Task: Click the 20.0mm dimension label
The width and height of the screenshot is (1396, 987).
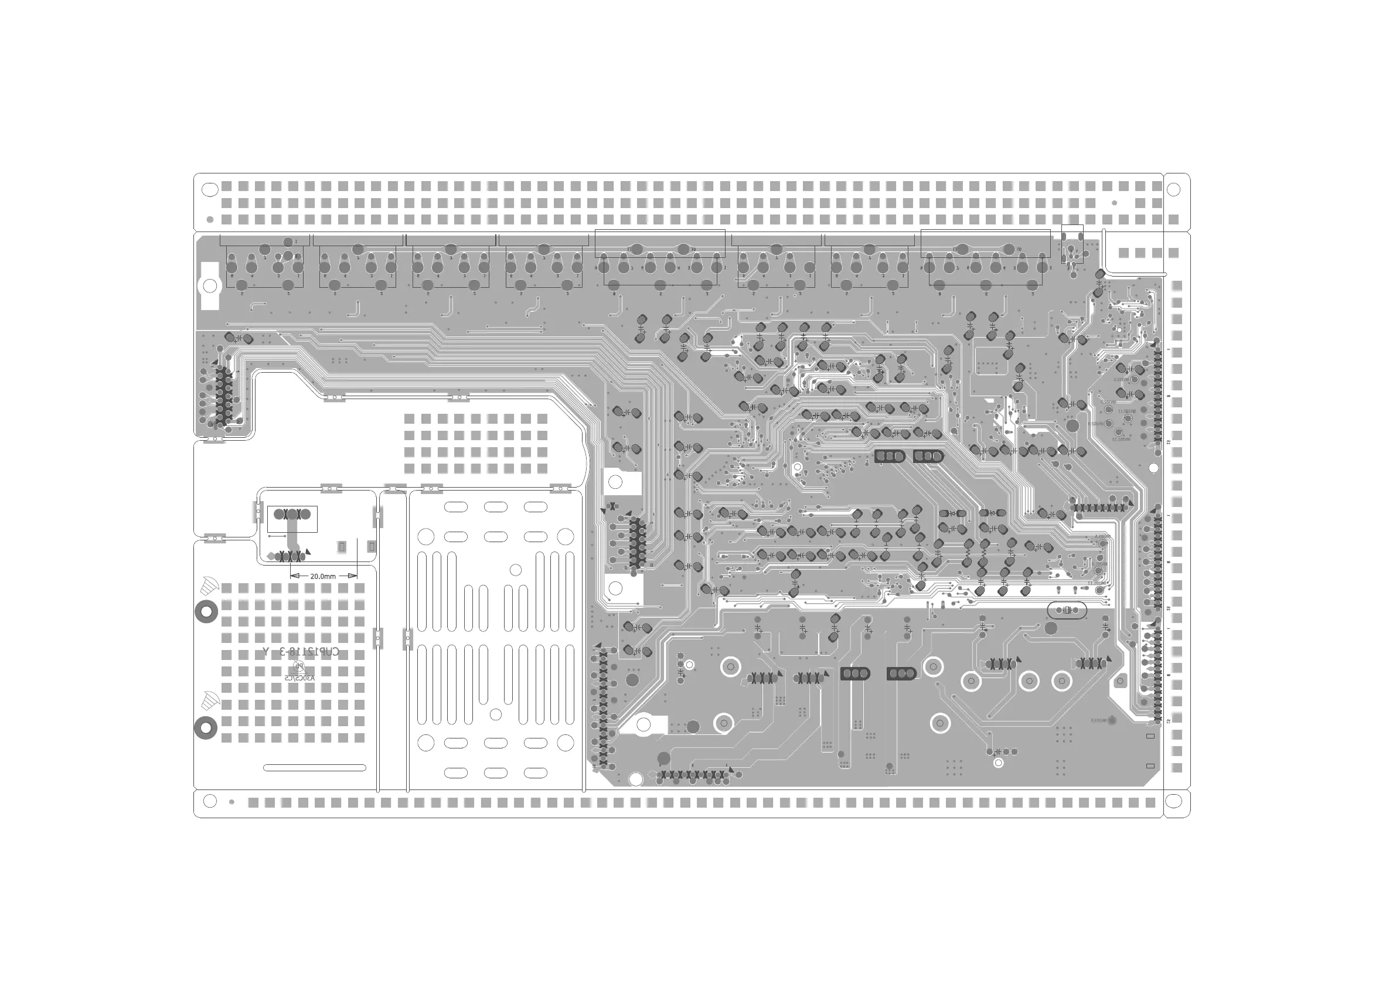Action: [323, 577]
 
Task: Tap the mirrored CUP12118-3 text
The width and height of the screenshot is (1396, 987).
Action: [301, 652]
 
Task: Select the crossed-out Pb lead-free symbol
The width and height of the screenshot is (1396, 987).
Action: [298, 666]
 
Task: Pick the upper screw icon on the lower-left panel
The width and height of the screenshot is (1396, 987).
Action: [208, 586]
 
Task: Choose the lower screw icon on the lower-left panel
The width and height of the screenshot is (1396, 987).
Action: [209, 699]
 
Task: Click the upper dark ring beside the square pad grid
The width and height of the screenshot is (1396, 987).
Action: [206, 612]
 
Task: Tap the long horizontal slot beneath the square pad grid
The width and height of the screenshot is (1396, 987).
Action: [314, 768]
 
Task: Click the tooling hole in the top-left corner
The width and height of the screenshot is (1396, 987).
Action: [210, 190]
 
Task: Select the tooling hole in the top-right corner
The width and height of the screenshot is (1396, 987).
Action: [1173, 190]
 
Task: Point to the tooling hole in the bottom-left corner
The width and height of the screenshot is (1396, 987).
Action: [210, 801]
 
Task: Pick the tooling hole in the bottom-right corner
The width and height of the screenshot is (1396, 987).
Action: [1173, 802]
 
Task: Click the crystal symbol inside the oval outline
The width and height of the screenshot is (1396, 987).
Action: [1067, 610]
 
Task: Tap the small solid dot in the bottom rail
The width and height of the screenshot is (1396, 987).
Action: [231, 802]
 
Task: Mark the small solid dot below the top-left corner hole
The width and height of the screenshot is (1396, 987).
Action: [210, 220]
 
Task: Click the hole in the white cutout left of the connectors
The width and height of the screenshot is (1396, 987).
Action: [210, 286]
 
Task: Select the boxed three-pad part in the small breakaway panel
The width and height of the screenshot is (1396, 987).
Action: [292, 519]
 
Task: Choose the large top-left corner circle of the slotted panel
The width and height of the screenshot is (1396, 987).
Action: [426, 536]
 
